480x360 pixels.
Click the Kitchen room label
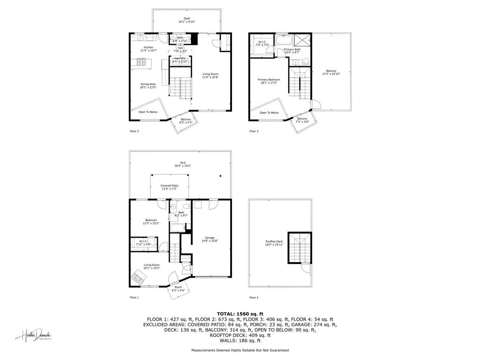coord(149,48)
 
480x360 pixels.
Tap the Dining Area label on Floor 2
coord(148,84)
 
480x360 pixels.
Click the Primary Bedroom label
coord(269,80)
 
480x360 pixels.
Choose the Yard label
coord(182,163)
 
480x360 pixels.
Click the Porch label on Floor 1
coord(178,287)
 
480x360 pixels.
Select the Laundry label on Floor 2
coord(180,58)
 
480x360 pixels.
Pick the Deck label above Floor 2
coord(187,19)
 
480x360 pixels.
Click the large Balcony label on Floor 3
coord(331,71)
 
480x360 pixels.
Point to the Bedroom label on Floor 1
coord(150,220)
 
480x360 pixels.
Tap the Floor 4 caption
coord(254,298)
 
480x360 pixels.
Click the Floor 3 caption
coord(254,131)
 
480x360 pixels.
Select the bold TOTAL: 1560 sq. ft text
coord(240,313)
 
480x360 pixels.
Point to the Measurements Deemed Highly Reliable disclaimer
coord(240,350)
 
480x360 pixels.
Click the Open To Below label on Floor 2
coord(148,112)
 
